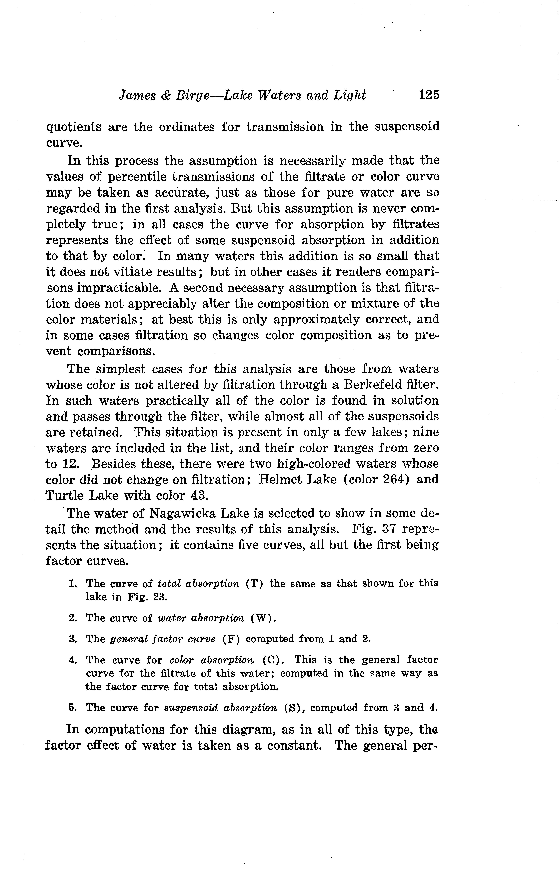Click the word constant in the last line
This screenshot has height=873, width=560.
[294, 745]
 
